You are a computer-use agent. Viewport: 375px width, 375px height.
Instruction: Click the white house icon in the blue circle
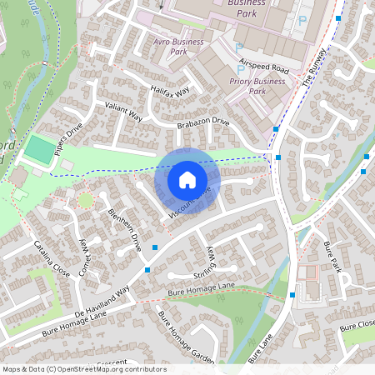(x=187, y=180)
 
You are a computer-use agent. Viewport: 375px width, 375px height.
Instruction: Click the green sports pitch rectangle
(x=39, y=150)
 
